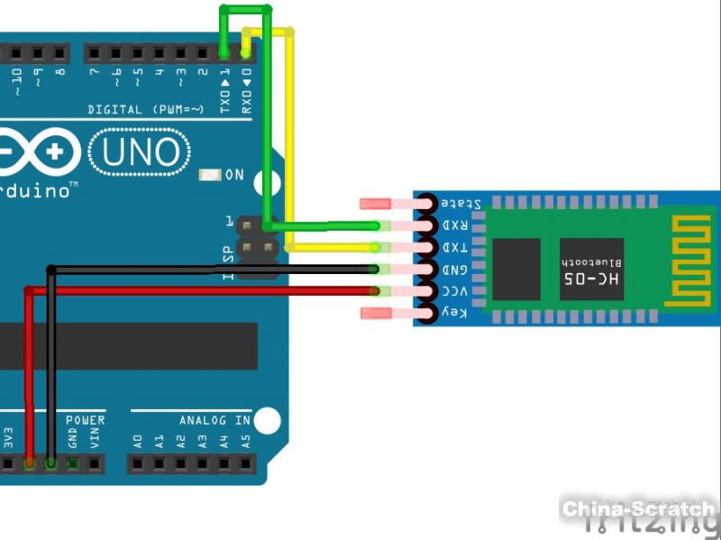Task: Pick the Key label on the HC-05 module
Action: (x=454, y=312)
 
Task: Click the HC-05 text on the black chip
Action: (x=591, y=279)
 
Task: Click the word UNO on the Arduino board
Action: (x=140, y=152)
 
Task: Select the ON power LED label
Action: (x=233, y=174)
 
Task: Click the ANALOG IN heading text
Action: (x=214, y=420)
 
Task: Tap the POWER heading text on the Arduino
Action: (x=86, y=420)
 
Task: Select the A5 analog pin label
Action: (x=245, y=441)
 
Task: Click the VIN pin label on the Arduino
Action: (x=94, y=440)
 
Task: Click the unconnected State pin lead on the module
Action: (x=376, y=204)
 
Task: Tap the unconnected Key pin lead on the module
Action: (x=376, y=313)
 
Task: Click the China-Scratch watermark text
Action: (x=639, y=509)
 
